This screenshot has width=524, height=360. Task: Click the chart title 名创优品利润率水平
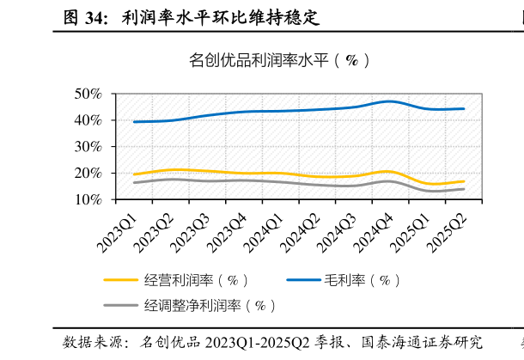tap(280, 60)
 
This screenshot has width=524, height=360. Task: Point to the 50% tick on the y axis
tap(88, 94)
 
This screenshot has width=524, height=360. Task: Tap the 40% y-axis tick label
tap(88, 120)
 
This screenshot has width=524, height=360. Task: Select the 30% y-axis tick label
tap(88, 147)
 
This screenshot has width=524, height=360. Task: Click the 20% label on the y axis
tap(88, 174)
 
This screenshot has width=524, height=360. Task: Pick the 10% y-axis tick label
tap(88, 199)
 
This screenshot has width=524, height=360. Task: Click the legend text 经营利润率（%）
tap(197, 280)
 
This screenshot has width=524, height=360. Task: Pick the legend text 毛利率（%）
tap(362, 280)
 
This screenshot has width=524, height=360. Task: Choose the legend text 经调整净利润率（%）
tap(210, 306)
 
